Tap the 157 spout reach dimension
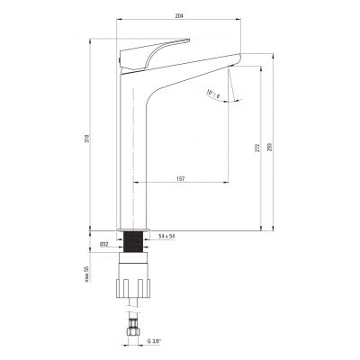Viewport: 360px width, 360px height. click(182, 177)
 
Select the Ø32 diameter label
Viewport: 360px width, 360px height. click(104, 243)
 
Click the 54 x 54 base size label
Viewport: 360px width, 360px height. click(166, 236)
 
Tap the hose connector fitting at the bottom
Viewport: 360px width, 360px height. click(136, 334)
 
